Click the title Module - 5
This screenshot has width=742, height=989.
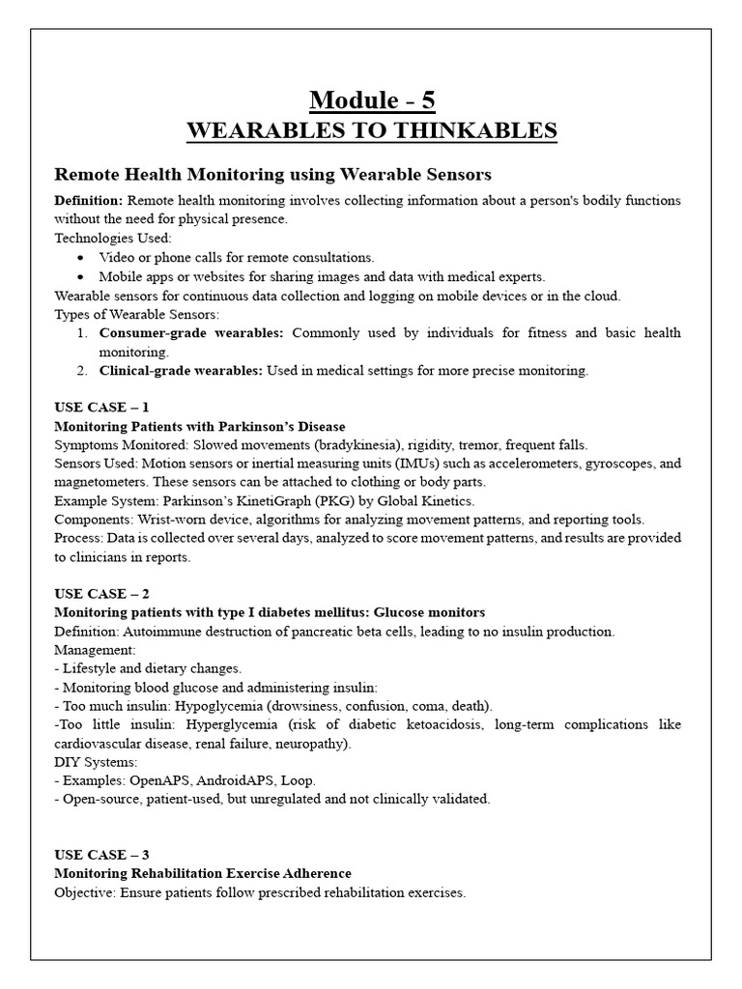click(371, 99)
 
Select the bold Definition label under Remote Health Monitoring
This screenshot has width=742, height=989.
click(88, 200)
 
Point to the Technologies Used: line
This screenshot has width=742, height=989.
click(113, 238)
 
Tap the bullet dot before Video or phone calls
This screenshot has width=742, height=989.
click(79, 257)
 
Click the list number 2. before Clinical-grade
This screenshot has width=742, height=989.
click(81, 370)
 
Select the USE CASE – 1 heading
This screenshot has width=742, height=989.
click(101, 408)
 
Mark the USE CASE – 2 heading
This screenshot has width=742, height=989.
click(101, 593)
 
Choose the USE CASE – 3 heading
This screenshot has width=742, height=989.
click(101, 855)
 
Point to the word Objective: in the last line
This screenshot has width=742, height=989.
click(85, 892)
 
